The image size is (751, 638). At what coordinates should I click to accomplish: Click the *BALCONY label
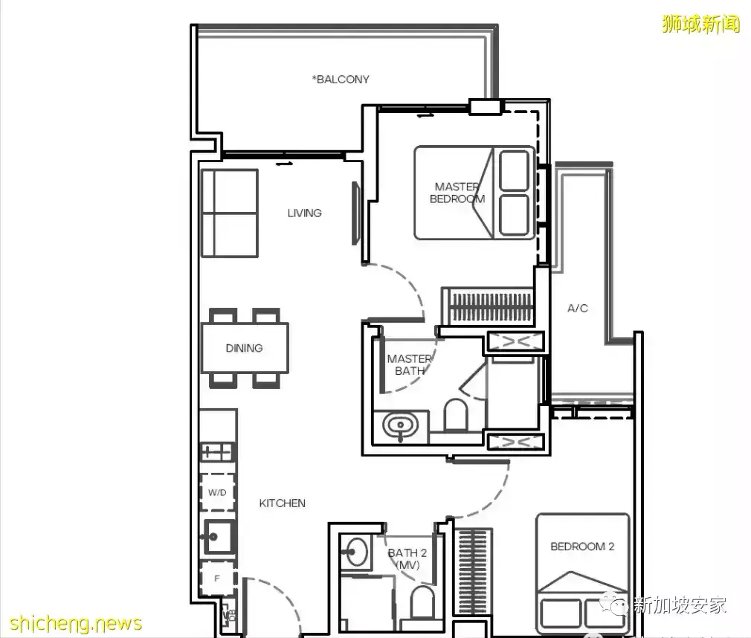pyautogui.click(x=341, y=79)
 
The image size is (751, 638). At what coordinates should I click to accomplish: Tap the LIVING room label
pyautogui.click(x=305, y=213)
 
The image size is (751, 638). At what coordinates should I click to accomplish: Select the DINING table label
pyautogui.click(x=245, y=348)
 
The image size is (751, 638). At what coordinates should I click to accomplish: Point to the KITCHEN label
pyautogui.click(x=282, y=503)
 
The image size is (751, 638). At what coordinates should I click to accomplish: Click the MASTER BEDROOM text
pyautogui.click(x=457, y=193)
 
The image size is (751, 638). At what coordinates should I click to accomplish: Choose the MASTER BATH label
pyautogui.click(x=410, y=364)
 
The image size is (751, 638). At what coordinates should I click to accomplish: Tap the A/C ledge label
pyautogui.click(x=578, y=309)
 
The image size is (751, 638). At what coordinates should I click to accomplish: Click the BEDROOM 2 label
pyautogui.click(x=582, y=547)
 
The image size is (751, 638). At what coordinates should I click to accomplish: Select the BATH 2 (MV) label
pyautogui.click(x=407, y=559)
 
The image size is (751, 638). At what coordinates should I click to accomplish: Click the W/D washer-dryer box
pyautogui.click(x=217, y=492)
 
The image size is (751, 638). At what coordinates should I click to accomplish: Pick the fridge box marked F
pyautogui.click(x=217, y=579)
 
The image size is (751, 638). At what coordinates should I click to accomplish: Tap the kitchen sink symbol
pyautogui.click(x=219, y=536)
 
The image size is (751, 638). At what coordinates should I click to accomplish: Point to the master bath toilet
pyautogui.click(x=456, y=415)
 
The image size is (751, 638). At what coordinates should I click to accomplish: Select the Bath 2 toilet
pyautogui.click(x=422, y=602)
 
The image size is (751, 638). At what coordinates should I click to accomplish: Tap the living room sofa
pyautogui.click(x=230, y=213)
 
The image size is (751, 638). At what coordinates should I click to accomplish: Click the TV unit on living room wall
pyautogui.click(x=355, y=213)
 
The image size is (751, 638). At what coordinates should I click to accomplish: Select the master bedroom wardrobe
pyautogui.click(x=488, y=306)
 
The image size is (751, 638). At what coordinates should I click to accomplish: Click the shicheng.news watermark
pyautogui.click(x=76, y=624)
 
